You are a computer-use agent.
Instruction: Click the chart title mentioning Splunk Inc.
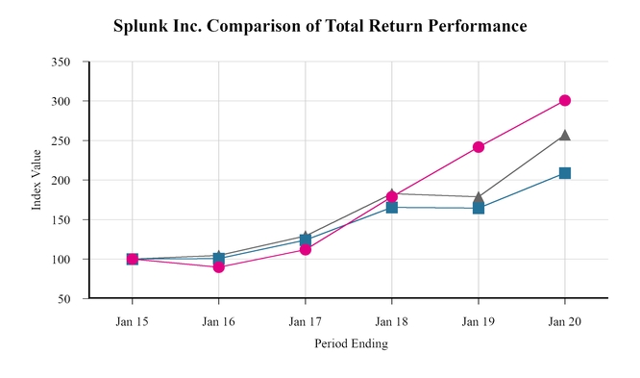tap(320, 26)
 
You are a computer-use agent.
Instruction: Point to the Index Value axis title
tap(37, 180)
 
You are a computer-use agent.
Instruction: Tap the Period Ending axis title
tap(350, 343)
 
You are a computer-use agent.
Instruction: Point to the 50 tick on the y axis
tap(63, 299)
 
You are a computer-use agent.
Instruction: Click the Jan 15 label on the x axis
tap(132, 320)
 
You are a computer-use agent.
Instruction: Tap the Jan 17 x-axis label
tap(305, 320)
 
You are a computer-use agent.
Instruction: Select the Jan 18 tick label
tap(391, 320)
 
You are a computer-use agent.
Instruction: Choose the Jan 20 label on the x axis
tap(564, 320)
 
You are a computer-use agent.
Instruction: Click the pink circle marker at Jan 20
tap(565, 100)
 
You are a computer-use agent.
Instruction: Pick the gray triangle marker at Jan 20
tap(565, 136)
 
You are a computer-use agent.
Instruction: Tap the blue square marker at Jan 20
tap(565, 173)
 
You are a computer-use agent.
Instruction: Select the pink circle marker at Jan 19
tap(479, 147)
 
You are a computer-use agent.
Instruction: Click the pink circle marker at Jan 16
tap(219, 267)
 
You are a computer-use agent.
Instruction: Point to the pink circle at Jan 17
tap(306, 249)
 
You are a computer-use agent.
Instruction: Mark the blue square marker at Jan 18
tap(392, 207)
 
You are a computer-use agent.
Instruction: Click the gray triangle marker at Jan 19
tap(479, 196)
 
